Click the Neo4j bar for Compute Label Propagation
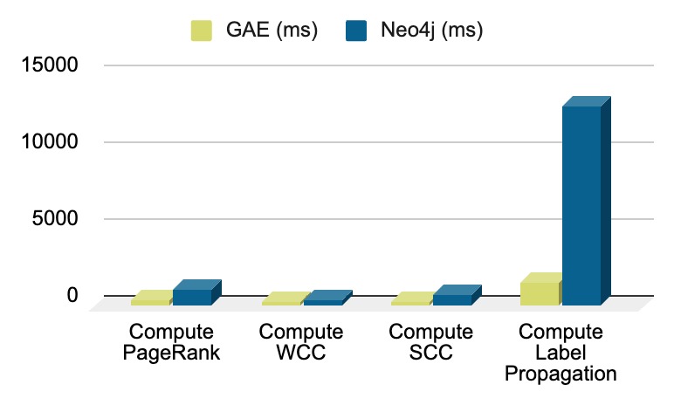tap(581, 205)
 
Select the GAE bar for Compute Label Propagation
tap(539, 293)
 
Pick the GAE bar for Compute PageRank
tap(150, 301)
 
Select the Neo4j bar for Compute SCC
tap(451, 299)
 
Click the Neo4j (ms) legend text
tap(432, 31)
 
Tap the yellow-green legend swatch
tap(203, 31)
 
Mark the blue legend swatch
tap(355, 31)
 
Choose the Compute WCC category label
tap(301, 342)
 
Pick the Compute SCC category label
tap(430, 342)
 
